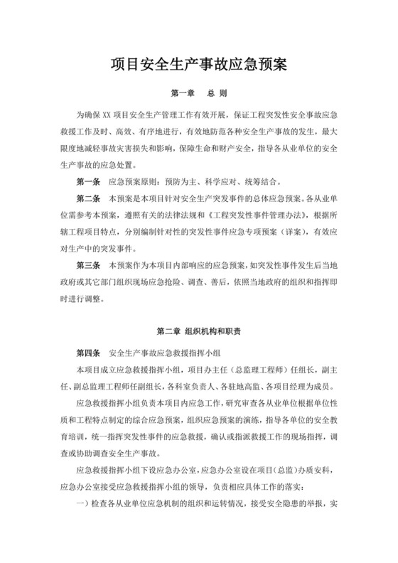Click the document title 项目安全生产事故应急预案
point(198,66)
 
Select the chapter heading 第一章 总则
point(198,93)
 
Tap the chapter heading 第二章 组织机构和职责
point(198,331)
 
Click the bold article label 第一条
point(87,181)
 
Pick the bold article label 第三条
point(87,266)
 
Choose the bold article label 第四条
point(87,353)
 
